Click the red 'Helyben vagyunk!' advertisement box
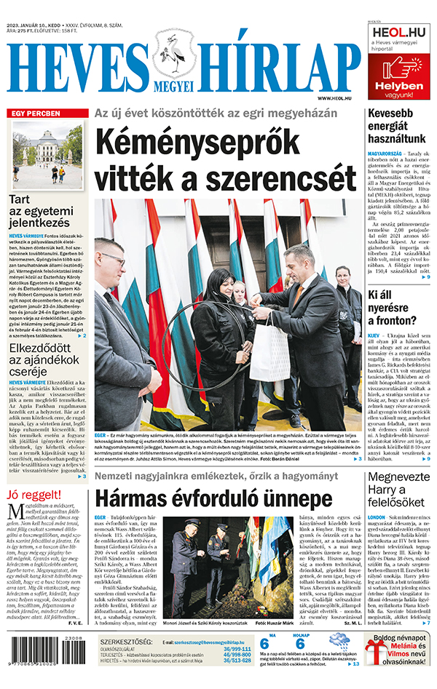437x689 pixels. (398, 79)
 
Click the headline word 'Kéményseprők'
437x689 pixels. (227, 141)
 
